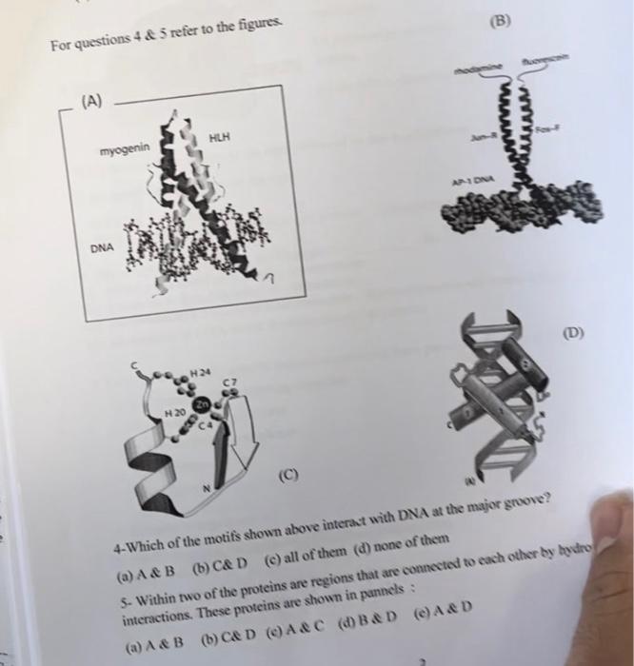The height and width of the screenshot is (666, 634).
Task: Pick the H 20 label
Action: [173, 413]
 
